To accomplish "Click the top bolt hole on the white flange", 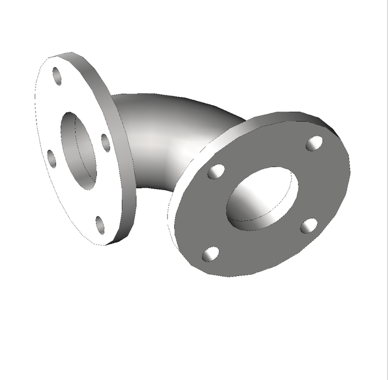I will [57, 76].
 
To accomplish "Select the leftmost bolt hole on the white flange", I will [52, 158].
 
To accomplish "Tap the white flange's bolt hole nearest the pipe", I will [106, 142].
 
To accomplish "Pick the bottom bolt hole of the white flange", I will [100, 224].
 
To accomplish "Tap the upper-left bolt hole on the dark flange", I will [216, 171].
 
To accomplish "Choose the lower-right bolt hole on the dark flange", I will [308, 225].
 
